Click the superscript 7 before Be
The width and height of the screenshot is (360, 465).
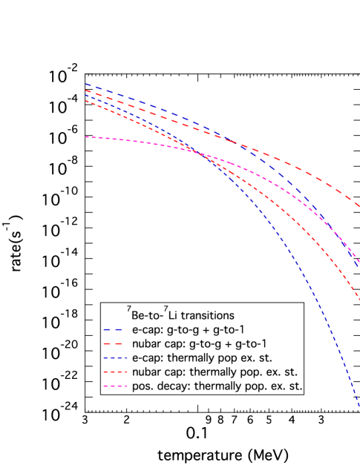point(128,309)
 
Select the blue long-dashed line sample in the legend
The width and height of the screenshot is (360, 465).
point(113,329)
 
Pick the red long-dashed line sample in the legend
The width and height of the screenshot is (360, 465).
point(113,343)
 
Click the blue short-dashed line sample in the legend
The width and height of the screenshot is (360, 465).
point(113,357)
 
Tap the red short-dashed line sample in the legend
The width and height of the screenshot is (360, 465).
point(113,372)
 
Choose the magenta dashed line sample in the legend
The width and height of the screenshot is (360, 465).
point(113,386)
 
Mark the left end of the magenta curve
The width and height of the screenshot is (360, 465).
point(86,136)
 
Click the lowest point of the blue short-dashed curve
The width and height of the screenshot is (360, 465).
point(359,406)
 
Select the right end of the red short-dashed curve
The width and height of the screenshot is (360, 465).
point(359,297)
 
